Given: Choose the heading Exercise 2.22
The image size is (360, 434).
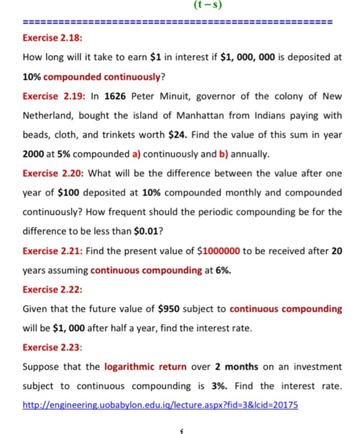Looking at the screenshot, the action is tap(48, 290).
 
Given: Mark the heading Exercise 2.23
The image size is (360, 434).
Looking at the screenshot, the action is tap(48, 347).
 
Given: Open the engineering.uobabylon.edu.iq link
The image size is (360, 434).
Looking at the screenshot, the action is tap(160, 405).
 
